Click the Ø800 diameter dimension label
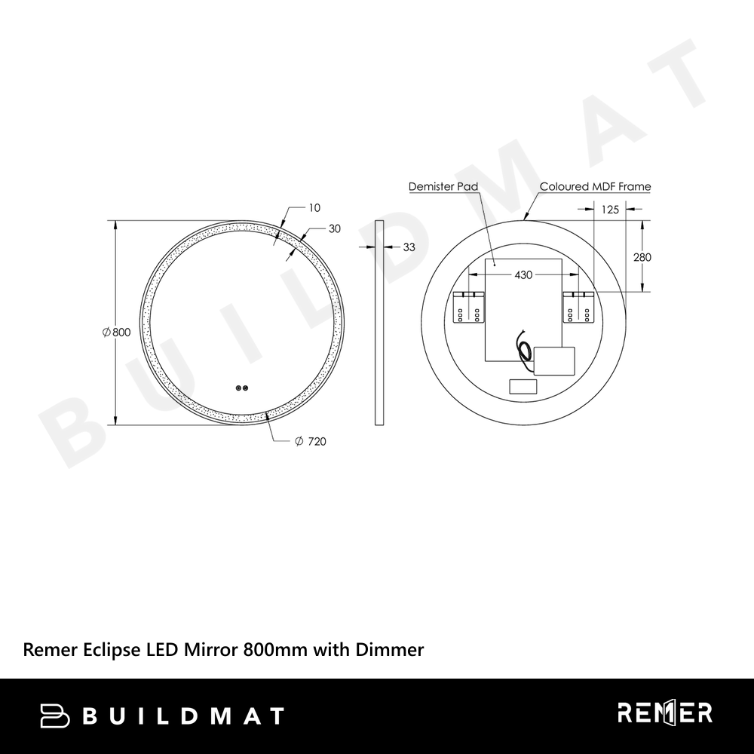(116, 332)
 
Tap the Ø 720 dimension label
(310, 441)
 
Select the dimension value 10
(314, 208)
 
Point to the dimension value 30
(335, 228)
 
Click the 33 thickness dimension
(409, 247)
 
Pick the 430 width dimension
(523, 274)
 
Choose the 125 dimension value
(610, 209)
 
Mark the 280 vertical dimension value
(642, 257)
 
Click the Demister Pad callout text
(443, 186)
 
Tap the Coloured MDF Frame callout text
(596, 186)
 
